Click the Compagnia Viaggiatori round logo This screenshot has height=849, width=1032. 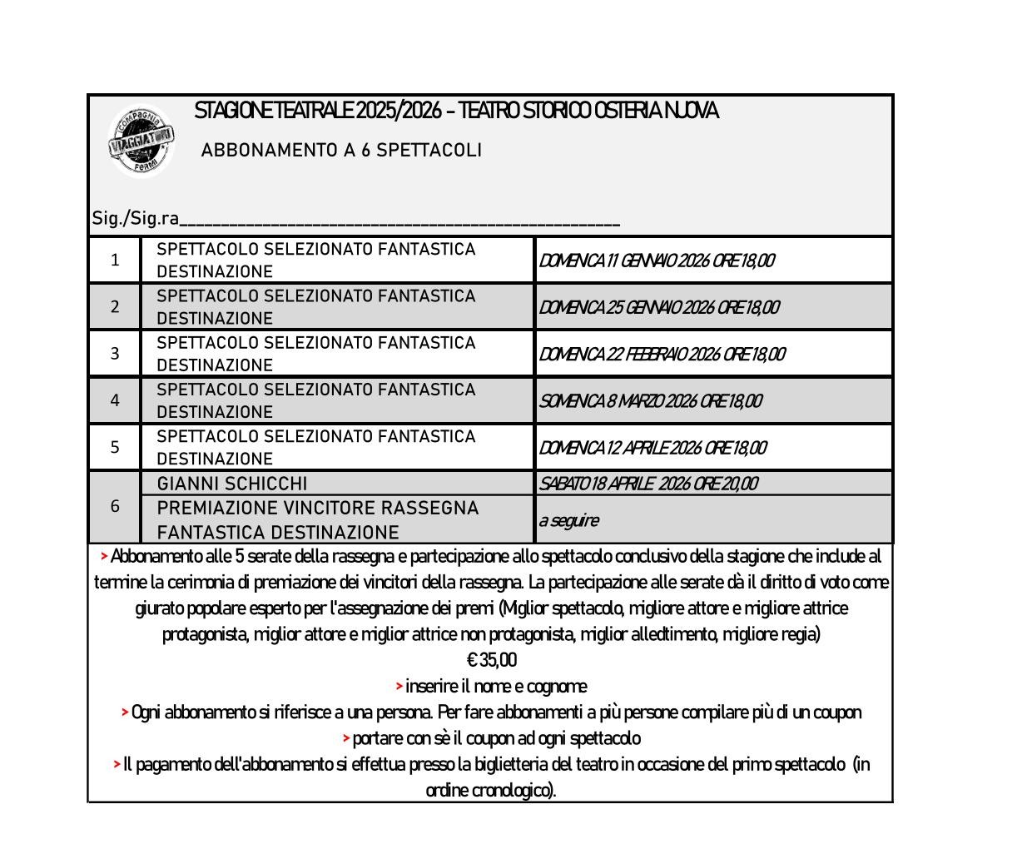141,142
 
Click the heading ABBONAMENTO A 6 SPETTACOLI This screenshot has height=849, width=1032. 341,151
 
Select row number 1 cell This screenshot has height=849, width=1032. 115,261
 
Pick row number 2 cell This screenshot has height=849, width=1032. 115,307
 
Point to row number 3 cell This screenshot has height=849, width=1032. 115,354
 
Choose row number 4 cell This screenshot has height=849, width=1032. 115,400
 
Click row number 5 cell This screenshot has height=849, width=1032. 115,447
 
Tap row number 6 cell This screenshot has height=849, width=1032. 115,506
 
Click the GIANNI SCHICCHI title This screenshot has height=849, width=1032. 232,484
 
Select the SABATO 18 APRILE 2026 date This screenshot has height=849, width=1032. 648,484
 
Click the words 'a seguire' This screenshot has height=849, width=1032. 568,521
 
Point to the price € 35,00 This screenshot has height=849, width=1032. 492,661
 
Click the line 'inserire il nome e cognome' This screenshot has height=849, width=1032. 495,687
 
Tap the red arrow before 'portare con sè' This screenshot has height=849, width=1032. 346,738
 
